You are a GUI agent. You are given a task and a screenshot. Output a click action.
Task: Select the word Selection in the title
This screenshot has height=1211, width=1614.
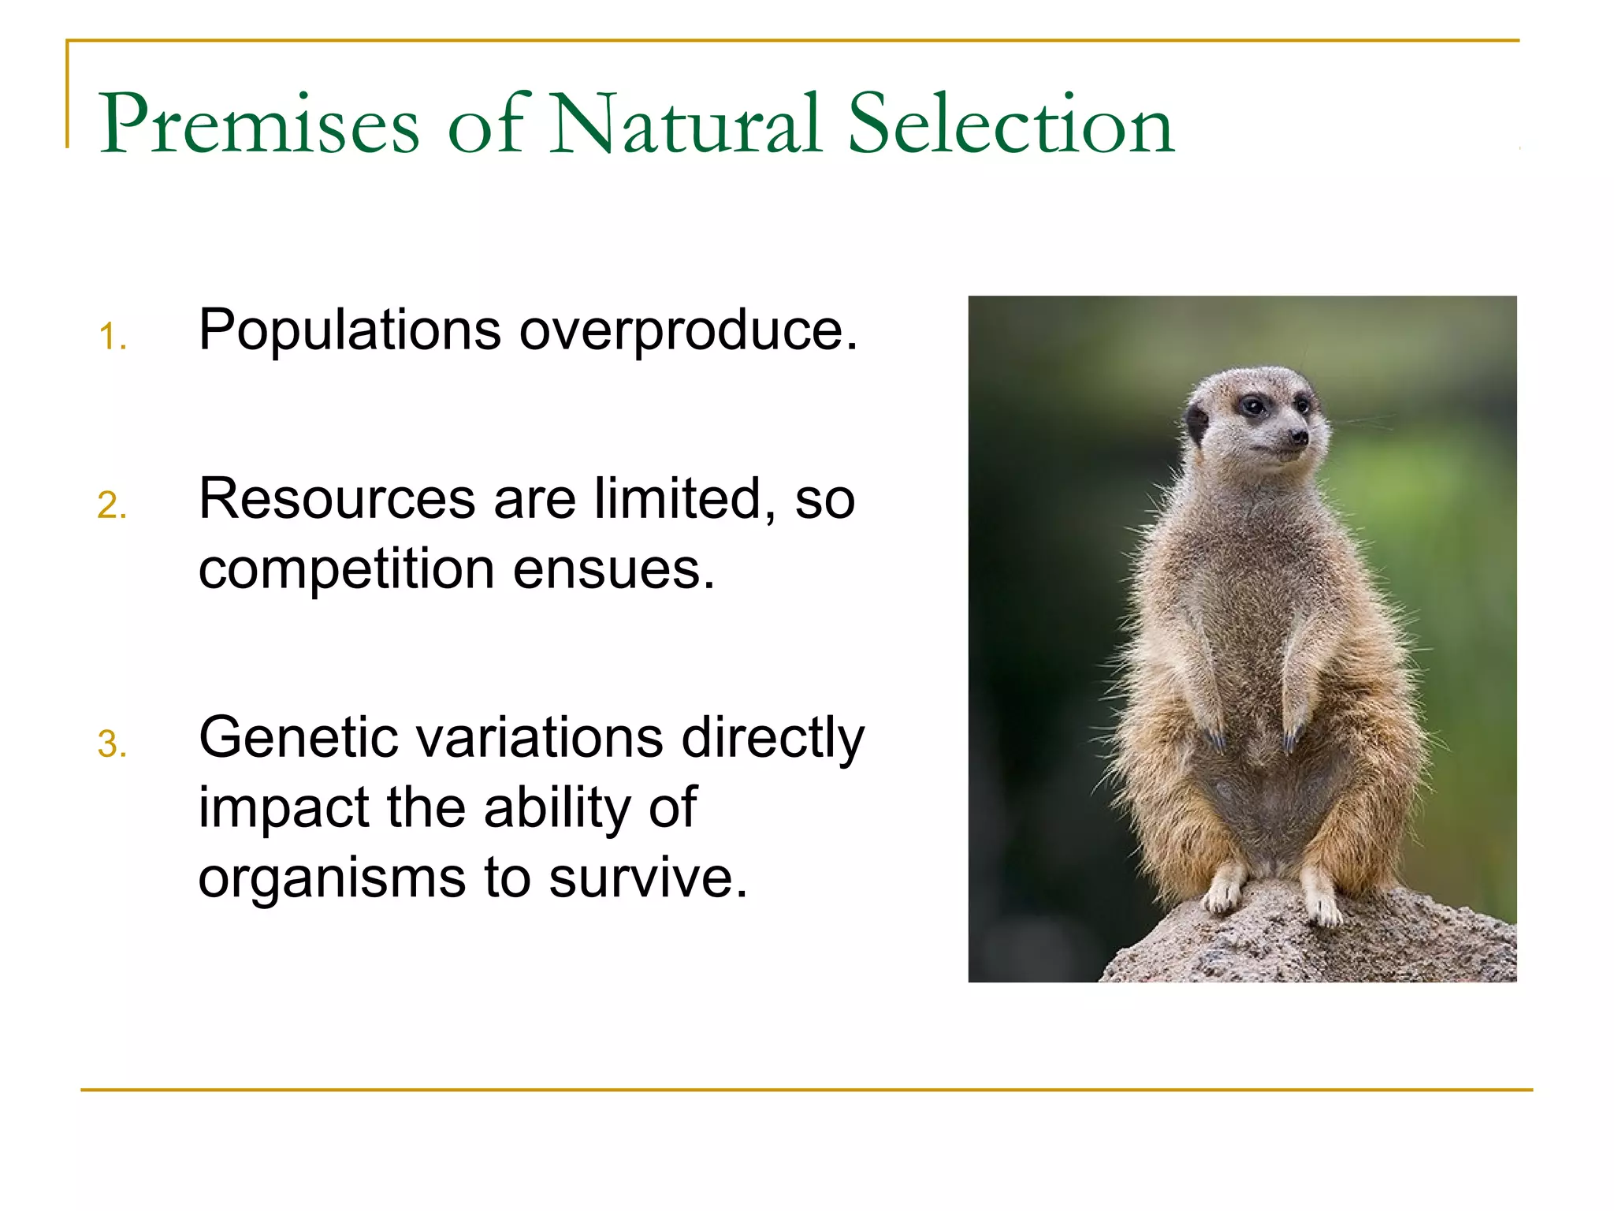point(1011,123)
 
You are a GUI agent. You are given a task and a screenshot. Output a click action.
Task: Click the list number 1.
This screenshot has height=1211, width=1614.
point(112,337)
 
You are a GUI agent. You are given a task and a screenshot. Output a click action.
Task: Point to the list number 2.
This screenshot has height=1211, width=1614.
point(112,505)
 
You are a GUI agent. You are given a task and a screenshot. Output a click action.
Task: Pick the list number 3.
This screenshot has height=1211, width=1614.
point(112,744)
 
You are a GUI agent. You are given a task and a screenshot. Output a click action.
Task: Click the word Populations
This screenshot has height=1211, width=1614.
point(350,331)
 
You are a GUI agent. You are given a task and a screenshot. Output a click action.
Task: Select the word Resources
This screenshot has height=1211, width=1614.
point(337,499)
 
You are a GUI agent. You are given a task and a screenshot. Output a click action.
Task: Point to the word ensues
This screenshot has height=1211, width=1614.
point(613,569)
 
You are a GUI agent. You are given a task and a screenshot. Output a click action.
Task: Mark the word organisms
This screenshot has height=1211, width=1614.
point(332,879)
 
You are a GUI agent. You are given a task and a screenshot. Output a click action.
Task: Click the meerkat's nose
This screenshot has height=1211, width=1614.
point(1298,435)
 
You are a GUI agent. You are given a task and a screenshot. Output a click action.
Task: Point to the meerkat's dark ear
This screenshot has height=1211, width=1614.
point(1198,423)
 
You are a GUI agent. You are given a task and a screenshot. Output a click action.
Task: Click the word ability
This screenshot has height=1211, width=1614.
point(556,809)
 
